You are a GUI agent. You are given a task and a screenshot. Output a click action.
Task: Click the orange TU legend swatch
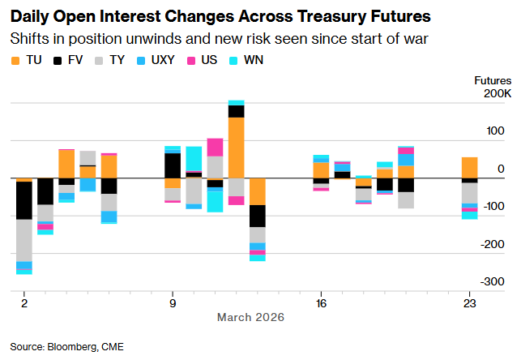coord(15,61)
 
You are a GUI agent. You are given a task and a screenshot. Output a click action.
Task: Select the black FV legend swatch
coord(57,61)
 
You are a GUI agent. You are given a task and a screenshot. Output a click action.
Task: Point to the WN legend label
coord(254,61)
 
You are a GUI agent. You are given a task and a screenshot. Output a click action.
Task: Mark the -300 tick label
coord(493,281)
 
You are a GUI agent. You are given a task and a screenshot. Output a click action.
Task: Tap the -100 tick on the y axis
coord(493,207)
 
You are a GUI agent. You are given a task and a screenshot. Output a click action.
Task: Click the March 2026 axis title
coord(250,317)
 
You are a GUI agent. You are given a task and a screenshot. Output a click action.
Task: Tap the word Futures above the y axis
coord(493,80)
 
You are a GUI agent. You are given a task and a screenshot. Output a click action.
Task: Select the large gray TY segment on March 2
coord(24,240)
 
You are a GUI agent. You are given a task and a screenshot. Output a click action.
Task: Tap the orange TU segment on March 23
coord(469,167)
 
